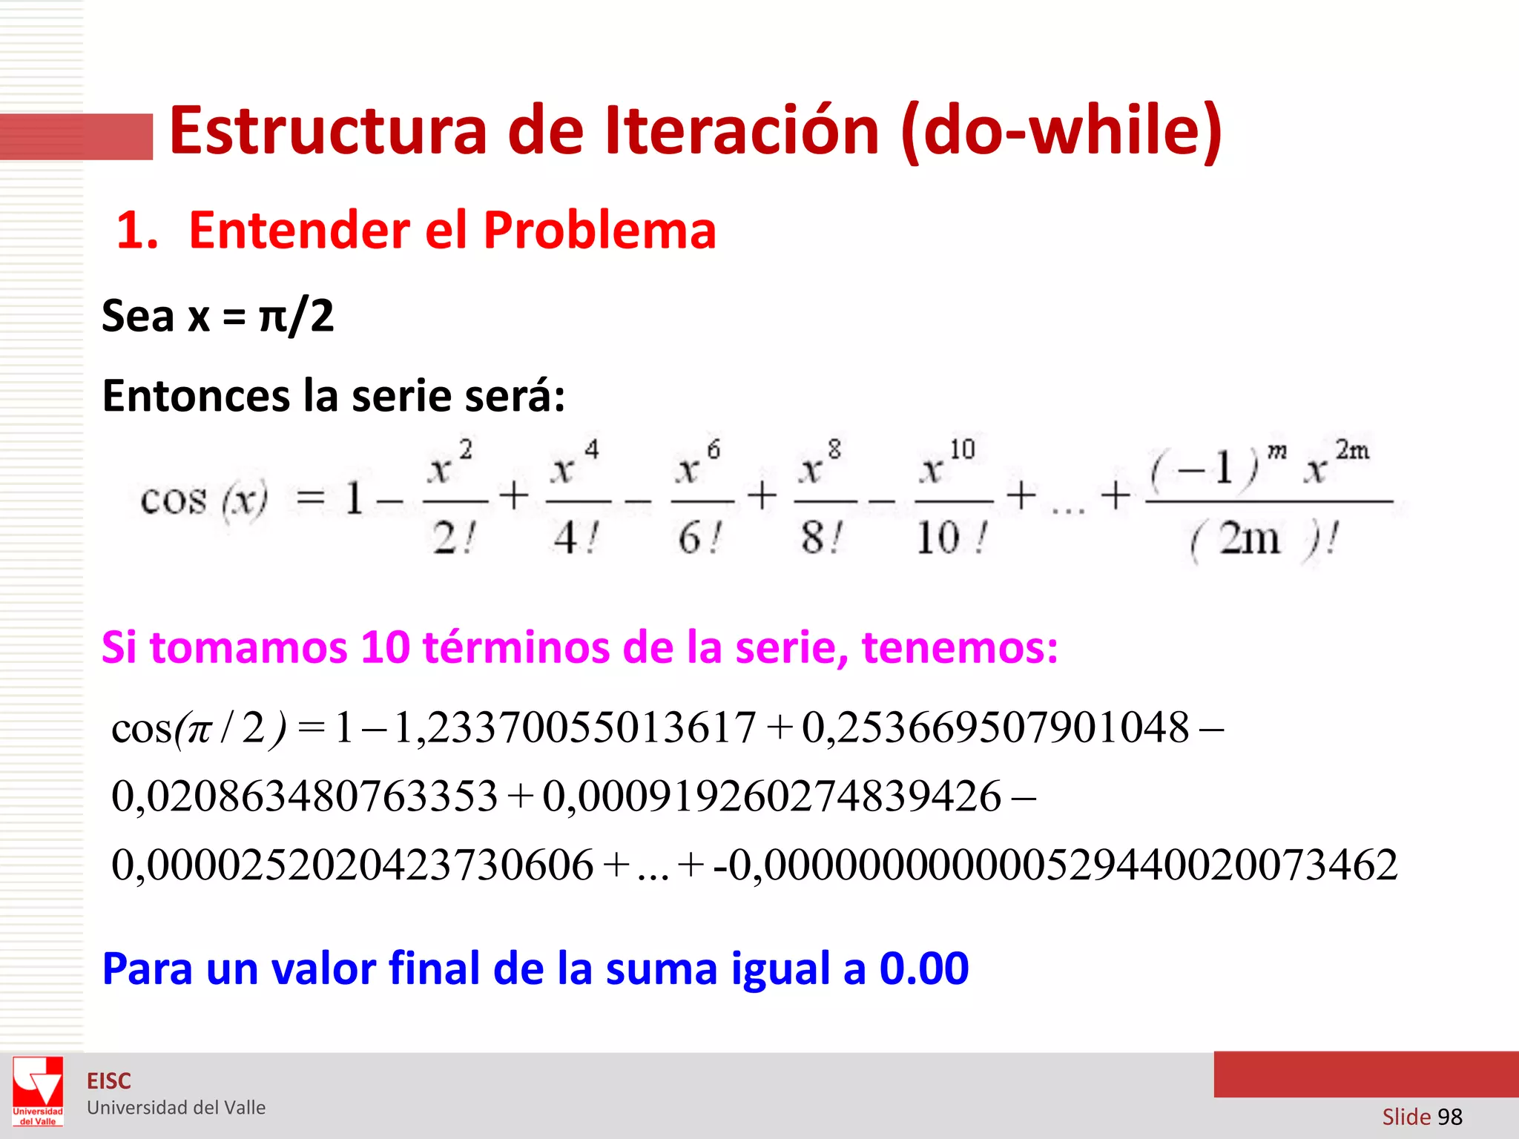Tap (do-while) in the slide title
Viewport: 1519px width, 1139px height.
[1061, 132]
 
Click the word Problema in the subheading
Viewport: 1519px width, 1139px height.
[600, 230]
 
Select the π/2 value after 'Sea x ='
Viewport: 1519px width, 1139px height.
[297, 316]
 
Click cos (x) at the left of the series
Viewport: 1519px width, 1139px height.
[204, 499]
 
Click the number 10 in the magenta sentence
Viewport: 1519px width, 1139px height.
[385, 647]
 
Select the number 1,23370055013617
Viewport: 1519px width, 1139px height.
[575, 727]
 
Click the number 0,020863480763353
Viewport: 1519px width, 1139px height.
[304, 796]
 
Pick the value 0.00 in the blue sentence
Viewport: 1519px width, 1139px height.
[924, 968]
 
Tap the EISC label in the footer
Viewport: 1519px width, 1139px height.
[109, 1081]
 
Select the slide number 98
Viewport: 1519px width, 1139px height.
[1449, 1117]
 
